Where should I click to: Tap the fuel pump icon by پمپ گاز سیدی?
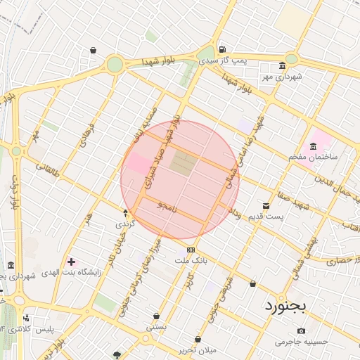(x=222, y=50)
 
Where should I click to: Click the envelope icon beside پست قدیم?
(x=266, y=205)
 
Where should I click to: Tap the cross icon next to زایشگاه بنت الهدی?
(x=71, y=262)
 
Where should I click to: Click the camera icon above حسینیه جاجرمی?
(x=302, y=330)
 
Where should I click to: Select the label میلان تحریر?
(x=217, y=349)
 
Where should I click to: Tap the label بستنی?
(x=156, y=327)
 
